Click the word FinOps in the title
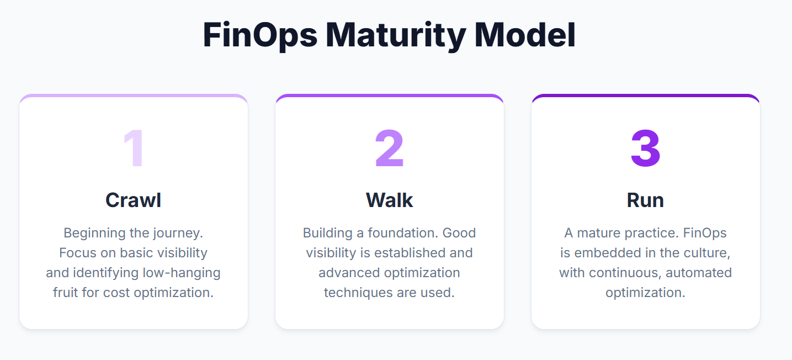260,36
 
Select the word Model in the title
525,35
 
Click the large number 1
134,148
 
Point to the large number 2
389,148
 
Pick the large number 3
646,148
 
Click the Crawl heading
134,200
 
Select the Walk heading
389,200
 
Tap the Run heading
645,200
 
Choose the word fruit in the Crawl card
66,293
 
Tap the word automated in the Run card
699,273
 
